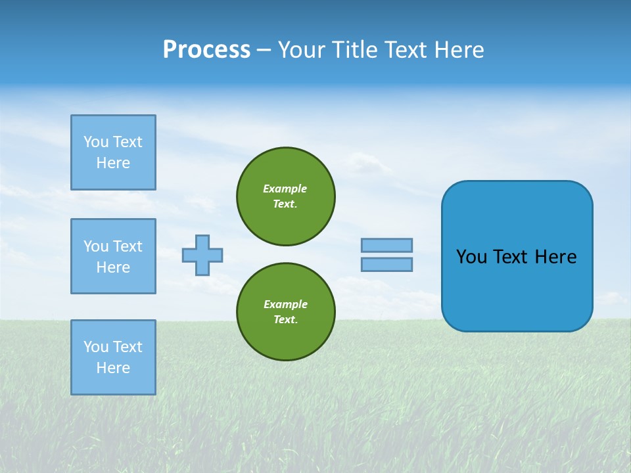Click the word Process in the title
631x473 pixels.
click(x=206, y=50)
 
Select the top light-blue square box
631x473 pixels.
click(x=113, y=152)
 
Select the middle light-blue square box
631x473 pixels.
click(x=113, y=256)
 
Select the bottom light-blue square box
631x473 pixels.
click(x=113, y=357)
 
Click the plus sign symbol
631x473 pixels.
click(x=202, y=255)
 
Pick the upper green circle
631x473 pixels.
click(x=286, y=196)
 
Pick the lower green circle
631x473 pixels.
click(x=286, y=312)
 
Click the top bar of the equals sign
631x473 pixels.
click(x=386, y=245)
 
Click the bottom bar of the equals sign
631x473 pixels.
click(x=386, y=265)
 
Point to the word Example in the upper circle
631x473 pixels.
click(x=285, y=189)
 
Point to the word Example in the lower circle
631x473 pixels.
click(x=285, y=304)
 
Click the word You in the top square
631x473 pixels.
click(x=96, y=142)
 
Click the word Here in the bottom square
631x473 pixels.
click(x=113, y=368)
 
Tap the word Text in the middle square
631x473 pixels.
click(x=128, y=246)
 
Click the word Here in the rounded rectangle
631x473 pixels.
click(x=555, y=257)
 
